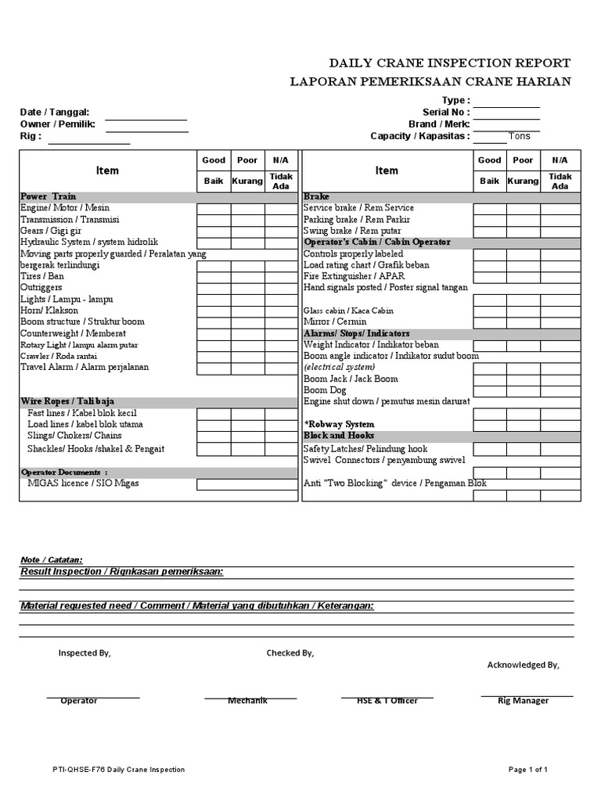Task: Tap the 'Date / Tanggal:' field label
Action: click(55, 113)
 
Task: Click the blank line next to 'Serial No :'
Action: click(506, 113)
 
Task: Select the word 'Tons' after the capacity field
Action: click(520, 136)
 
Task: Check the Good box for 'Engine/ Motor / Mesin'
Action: click(214, 209)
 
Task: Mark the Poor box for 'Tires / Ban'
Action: click(247, 277)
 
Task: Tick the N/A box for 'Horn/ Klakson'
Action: click(280, 311)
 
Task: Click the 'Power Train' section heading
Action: click(48, 196)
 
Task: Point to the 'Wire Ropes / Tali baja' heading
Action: click(67, 401)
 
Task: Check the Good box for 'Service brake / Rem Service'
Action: click(489, 209)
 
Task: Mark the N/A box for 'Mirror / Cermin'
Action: click(564, 322)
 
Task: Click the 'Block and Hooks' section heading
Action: click(339, 436)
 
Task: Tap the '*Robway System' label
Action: click(339, 424)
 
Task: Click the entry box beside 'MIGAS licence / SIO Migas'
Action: click(247, 484)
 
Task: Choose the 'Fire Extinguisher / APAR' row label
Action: click(354, 276)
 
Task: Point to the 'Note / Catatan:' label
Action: click(51, 560)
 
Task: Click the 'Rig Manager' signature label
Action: click(523, 701)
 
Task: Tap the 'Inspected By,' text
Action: click(85, 653)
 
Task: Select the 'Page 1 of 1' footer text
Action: click(527, 770)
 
